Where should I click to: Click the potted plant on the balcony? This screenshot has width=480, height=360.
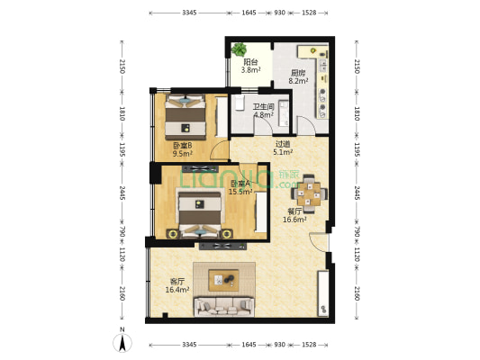click(240, 50)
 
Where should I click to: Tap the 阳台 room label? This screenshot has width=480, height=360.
click(249, 62)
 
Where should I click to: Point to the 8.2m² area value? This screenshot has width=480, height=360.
click(298, 82)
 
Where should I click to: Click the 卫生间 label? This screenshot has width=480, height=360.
click(263, 107)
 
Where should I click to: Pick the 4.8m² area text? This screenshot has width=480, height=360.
click(263, 115)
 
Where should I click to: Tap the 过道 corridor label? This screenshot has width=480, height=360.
click(283, 144)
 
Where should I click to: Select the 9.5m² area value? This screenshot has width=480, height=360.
click(184, 154)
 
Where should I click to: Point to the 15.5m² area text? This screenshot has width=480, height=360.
click(240, 192)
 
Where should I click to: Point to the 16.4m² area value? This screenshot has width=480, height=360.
click(177, 290)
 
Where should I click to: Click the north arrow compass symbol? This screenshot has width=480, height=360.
click(122, 343)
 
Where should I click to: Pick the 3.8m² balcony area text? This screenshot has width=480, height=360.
click(249, 70)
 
